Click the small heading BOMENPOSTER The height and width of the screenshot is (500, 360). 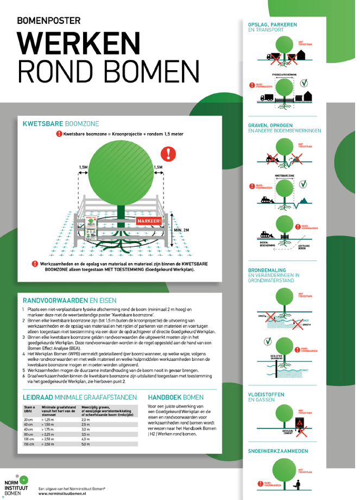point(48,21)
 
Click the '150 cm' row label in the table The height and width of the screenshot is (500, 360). point(28,445)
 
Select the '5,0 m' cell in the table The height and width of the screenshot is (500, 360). point(85,445)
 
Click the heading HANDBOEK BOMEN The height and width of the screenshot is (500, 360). point(175,397)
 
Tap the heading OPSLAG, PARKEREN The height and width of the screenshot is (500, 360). point(273,24)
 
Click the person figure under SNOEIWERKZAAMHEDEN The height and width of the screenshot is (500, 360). point(296,483)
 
